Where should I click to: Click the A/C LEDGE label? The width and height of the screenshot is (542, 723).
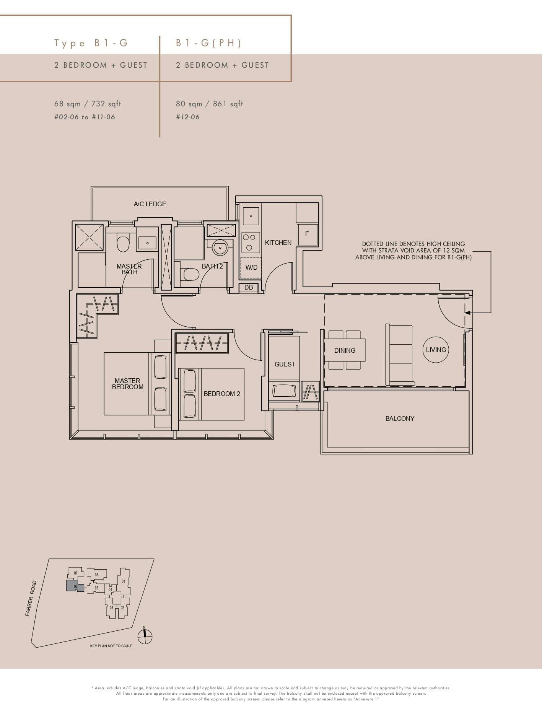tap(150, 204)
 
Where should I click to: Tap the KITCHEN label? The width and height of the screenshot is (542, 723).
tap(278, 243)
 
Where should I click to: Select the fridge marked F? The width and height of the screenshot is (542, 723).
tap(307, 234)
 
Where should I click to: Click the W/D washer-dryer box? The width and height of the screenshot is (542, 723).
tap(251, 267)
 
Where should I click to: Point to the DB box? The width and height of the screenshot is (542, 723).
tap(249, 287)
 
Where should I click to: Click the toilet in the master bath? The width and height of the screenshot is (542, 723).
tap(122, 244)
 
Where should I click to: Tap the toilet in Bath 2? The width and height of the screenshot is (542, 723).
tap(191, 274)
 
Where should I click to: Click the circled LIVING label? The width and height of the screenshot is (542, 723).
tap(436, 350)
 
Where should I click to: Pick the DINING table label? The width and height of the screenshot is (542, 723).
tap(345, 350)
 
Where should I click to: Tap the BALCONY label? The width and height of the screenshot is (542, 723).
tap(400, 418)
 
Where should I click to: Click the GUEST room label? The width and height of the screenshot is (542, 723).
tap(285, 364)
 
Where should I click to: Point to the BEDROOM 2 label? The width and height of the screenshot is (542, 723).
tap(222, 394)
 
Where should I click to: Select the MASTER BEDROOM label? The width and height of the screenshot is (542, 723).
tap(127, 384)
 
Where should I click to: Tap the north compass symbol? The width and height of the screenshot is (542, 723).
tap(145, 637)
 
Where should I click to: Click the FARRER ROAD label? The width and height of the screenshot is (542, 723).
tap(31, 598)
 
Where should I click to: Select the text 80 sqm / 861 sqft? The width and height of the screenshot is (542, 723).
tap(209, 104)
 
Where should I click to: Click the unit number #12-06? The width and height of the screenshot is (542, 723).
tap(188, 117)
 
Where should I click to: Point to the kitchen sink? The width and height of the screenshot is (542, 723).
tap(251, 216)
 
